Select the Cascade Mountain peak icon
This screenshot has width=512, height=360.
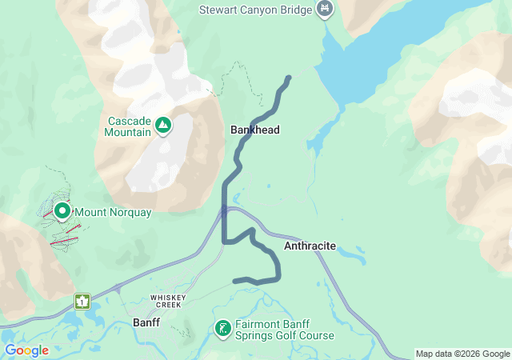pos(163,125)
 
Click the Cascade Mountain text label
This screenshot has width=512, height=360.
pos(128,126)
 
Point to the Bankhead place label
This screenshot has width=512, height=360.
pos(255,130)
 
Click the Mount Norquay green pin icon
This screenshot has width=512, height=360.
pos(62,210)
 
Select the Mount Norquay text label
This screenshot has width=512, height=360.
pos(114,212)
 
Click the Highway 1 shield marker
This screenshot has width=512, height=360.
pos(82,301)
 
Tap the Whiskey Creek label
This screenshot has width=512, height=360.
pos(168,298)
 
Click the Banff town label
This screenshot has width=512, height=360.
pos(146,322)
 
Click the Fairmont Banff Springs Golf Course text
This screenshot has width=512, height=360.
pos(284,330)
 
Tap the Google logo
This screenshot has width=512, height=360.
pos(26,350)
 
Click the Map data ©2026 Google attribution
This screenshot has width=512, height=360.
pos(462,354)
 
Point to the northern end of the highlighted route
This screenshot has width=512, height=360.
pos(288,78)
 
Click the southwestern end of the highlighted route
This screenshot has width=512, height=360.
pos(234,281)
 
